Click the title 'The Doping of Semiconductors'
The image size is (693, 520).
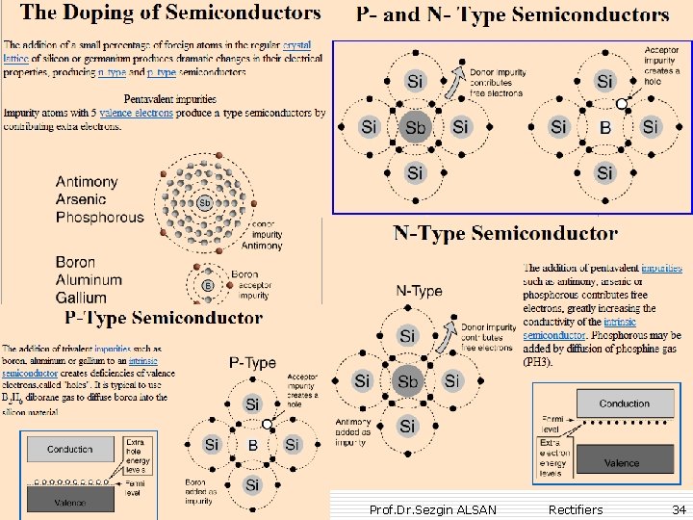pos(170,13)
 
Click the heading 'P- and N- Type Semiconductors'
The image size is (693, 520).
pos(512,15)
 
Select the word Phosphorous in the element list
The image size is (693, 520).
pos(99,217)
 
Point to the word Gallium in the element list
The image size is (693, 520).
pos(81,298)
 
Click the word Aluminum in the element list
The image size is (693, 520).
pos(89,280)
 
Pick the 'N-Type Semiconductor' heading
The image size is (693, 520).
pos(505,234)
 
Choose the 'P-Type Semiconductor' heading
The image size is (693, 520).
pos(164,317)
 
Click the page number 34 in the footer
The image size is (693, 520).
pos(680,508)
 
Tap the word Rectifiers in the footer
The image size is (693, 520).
pos(575,508)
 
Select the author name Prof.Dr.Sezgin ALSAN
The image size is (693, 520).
pos(433,508)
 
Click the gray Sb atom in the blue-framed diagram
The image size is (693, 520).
pos(415,127)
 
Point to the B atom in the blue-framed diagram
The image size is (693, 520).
pos(604,127)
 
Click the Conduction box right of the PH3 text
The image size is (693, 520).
pos(624,403)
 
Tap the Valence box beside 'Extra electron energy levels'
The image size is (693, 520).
pos(621,462)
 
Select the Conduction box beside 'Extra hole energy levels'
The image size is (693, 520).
pos(70,449)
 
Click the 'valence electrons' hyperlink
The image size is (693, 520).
pos(136,114)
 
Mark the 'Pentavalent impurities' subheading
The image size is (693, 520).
pos(171,99)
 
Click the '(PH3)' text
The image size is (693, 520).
pos(537,362)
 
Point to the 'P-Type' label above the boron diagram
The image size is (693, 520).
pos(252,363)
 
